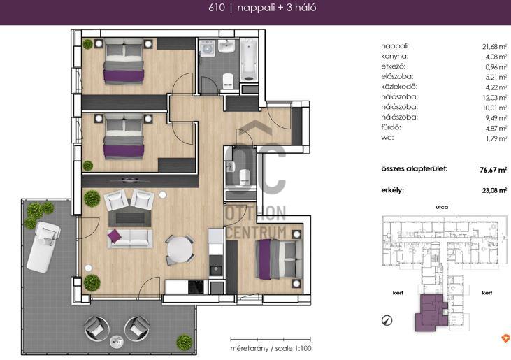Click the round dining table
click(x=180, y=250)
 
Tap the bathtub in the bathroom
click(x=249, y=61)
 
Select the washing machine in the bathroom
click(x=207, y=48)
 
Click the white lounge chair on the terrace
click(x=43, y=247)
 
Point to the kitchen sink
click(x=215, y=270)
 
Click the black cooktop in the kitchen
click(x=196, y=287)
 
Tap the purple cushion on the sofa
click(x=115, y=236)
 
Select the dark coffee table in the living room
click(x=130, y=218)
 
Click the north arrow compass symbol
click(x=387, y=321)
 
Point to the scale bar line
click(x=271, y=340)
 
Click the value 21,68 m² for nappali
click(x=494, y=47)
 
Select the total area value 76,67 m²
click(x=493, y=170)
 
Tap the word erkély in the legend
click(x=393, y=190)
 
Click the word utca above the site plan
click(x=442, y=207)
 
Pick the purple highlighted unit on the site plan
click(x=431, y=312)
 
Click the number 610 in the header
click(x=217, y=8)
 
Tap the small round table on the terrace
click(x=117, y=341)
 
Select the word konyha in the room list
click(x=395, y=57)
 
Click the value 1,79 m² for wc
click(x=496, y=138)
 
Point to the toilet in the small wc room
click(x=245, y=176)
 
